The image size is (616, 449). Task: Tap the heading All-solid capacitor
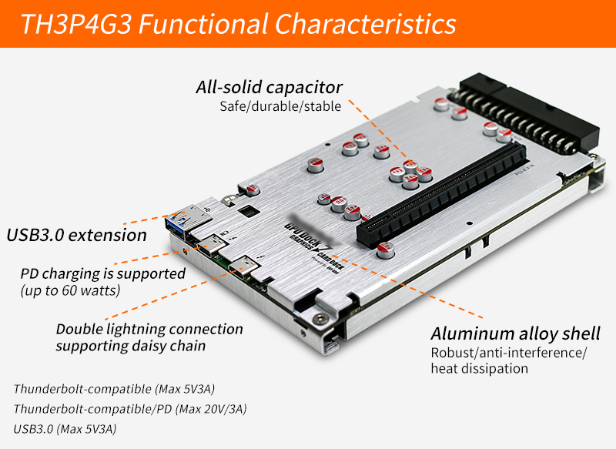point(269,87)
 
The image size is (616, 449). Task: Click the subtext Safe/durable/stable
point(280,106)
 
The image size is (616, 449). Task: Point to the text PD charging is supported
point(103,273)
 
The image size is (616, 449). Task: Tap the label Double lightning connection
point(149,329)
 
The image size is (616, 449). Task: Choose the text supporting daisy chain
point(131,346)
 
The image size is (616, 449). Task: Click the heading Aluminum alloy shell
point(515,333)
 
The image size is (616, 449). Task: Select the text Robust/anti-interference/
point(508,353)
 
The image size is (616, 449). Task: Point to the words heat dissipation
point(479,368)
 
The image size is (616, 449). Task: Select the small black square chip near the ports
point(249,209)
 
